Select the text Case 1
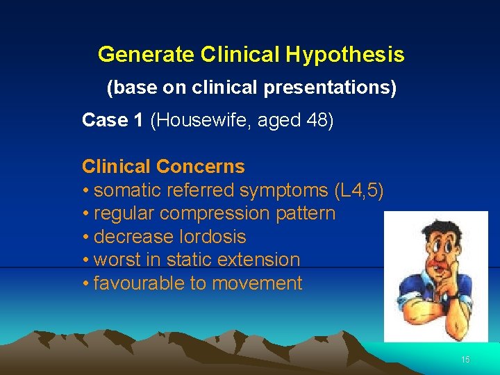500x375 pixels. click(x=112, y=121)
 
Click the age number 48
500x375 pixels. click(x=317, y=121)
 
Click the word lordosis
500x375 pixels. click(x=211, y=237)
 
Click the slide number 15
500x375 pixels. click(x=465, y=360)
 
